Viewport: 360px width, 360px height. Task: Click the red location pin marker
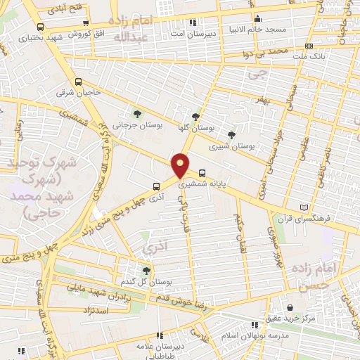click(x=181, y=165)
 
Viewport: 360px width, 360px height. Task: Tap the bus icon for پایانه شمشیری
click(x=202, y=172)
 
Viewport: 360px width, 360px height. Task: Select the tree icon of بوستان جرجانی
click(x=138, y=112)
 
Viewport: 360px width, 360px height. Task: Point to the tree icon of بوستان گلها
click(x=195, y=117)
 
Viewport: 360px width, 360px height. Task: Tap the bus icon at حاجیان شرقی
click(x=78, y=81)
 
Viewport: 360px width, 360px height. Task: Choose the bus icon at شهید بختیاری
click(x=39, y=27)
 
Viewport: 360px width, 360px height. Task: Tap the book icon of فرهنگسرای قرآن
click(x=304, y=207)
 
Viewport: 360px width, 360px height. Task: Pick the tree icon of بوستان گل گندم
click(x=146, y=270)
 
